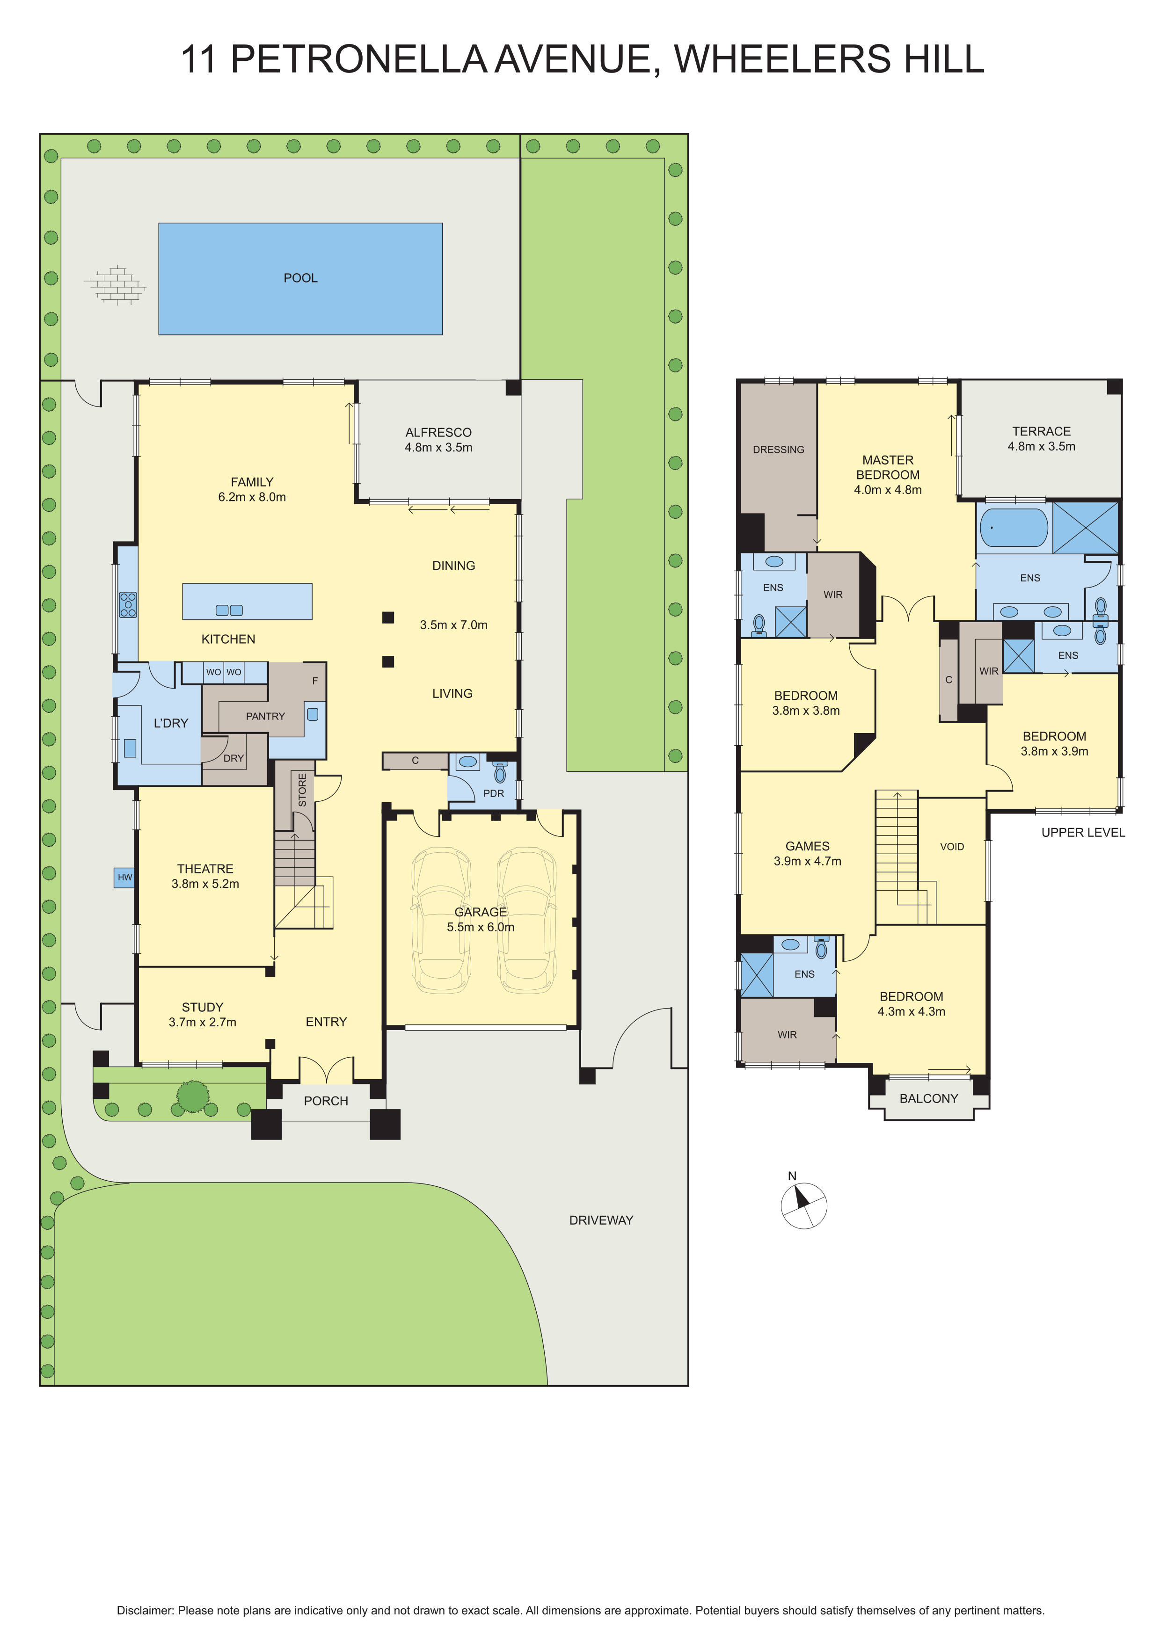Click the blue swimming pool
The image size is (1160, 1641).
tap(300, 279)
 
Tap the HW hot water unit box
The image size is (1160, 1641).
tap(124, 877)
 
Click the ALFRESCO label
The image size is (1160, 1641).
tap(438, 432)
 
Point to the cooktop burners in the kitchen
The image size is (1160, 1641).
tap(128, 605)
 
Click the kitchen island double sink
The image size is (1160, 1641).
tap(229, 610)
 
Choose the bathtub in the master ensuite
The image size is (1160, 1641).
tap(1014, 528)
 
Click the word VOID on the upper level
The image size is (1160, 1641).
tap(952, 846)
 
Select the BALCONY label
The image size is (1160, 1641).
tap(928, 1098)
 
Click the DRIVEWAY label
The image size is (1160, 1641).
tap(601, 1220)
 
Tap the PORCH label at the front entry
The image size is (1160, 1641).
tap(326, 1101)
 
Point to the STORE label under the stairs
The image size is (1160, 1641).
tap(302, 790)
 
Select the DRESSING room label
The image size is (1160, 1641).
tap(778, 450)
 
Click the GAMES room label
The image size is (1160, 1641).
tap(808, 846)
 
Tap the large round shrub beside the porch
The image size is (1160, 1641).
tap(192, 1096)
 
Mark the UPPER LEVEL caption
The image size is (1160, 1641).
tap(1083, 833)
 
